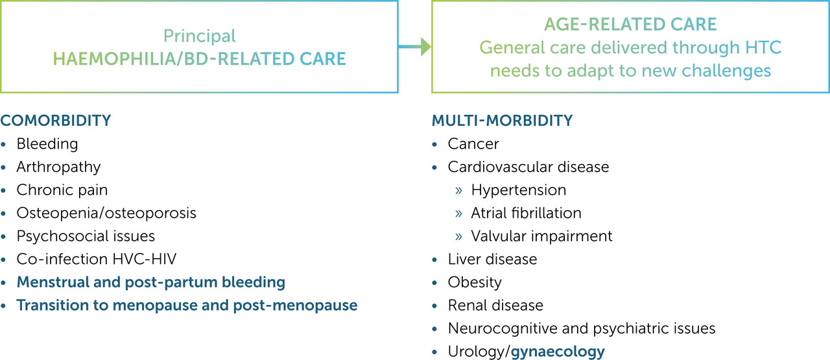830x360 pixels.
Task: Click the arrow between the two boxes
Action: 415,46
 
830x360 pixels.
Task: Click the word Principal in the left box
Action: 199,36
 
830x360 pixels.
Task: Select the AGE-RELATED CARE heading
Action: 630,25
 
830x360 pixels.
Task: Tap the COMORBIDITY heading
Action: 56,121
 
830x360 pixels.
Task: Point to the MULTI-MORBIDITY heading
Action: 502,121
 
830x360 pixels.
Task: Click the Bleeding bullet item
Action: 47,143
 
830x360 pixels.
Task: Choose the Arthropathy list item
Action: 59,167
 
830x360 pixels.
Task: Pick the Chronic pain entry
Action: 62,190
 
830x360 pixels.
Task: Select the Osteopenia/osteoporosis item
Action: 106,213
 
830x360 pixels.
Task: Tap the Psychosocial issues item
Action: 86,236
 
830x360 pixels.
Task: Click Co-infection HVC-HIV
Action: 97,259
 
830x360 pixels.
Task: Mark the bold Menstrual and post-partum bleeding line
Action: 150,283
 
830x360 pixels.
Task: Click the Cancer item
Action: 473,143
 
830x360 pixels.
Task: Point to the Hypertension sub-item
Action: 519,190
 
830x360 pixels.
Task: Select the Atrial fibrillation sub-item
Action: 526,213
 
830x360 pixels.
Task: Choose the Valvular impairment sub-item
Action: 541,236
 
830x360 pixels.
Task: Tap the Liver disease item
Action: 492,259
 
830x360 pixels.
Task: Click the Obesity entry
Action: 475,283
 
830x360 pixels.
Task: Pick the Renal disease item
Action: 495,306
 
